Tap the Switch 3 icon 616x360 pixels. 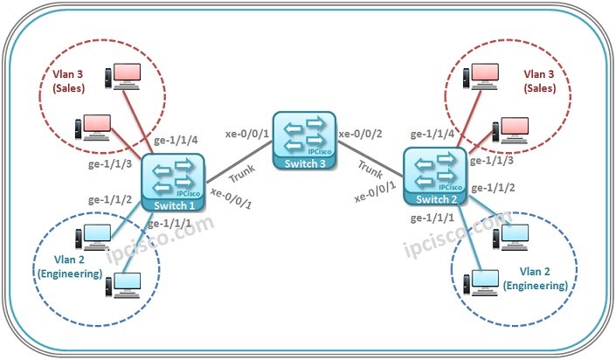(303, 137)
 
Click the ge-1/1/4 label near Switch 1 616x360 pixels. (176, 140)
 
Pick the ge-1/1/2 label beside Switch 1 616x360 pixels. (110, 199)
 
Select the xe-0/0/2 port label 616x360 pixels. (361, 134)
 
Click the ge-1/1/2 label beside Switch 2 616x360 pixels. (494, 187)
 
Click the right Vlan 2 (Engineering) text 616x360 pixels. (534, 278)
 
